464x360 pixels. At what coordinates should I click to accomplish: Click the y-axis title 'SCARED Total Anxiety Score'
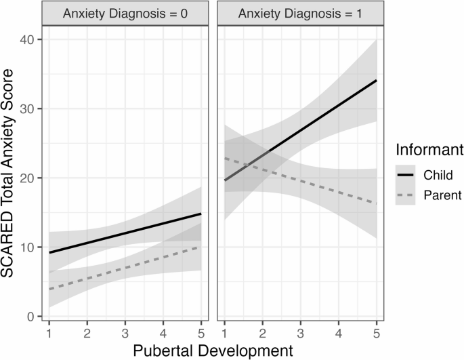[x=12, y=178]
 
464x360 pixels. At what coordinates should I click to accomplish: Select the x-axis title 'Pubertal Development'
[x=213, y=350]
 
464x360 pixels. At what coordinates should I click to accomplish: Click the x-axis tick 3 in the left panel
[x=125, y=334]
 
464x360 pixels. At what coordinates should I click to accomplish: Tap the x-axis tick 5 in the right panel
[x=376, y=334]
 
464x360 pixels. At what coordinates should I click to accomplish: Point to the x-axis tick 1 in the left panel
[x=49, y=334]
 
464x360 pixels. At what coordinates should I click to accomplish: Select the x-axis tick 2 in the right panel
[x=262, y=334]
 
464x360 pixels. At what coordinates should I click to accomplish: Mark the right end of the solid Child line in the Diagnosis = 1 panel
[x=376, y=81]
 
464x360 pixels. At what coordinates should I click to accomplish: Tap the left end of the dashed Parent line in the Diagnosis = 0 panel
[x=49, y=289]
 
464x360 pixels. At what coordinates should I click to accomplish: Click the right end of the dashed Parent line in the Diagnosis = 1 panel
[x=376, y=203]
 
